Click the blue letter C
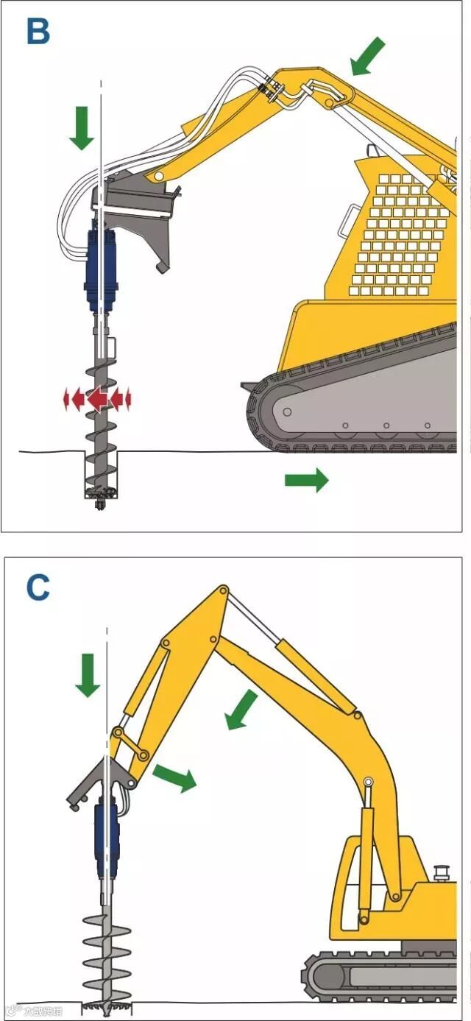click(38, 587)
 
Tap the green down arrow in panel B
click(82, 127)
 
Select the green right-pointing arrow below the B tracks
click(306, 481)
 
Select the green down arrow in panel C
click(88, 674)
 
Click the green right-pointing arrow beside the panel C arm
click(174, 777)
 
